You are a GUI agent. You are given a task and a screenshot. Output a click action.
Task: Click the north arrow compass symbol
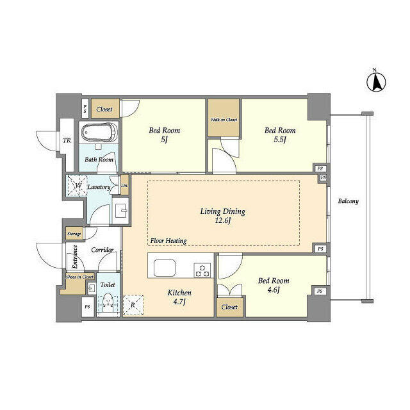[x=375, y=81]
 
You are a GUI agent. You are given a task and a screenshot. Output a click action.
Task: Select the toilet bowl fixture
[x=109, y=301]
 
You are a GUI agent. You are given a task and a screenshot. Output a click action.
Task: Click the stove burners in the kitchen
[x=203, y=270]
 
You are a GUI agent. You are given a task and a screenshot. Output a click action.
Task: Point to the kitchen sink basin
[x=163, y=268]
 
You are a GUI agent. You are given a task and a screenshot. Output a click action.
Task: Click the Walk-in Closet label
[x=223, y=119]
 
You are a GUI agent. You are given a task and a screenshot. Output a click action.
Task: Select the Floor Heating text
[x=168, y=241]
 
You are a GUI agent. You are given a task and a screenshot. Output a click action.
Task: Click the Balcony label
[x=348, y=201]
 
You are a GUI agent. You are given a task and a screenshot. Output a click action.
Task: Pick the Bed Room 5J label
[x=164, y=135]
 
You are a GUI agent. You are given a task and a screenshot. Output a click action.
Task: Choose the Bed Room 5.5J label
[x=280, y=135]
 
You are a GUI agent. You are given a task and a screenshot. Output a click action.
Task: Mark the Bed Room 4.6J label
[x=274, y=285]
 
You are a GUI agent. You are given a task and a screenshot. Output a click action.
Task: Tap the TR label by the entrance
[x=67, y=142]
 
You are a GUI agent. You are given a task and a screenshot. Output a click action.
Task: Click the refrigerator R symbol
[x=133, y=305]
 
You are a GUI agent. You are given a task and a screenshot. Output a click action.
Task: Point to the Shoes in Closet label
[x=79, y=277]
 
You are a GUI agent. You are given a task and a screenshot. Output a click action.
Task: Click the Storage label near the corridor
[x=74, y=234]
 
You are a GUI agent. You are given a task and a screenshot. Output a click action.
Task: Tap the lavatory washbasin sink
[x=120, y=209]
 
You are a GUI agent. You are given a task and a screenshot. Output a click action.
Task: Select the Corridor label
[x=102, y=250]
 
